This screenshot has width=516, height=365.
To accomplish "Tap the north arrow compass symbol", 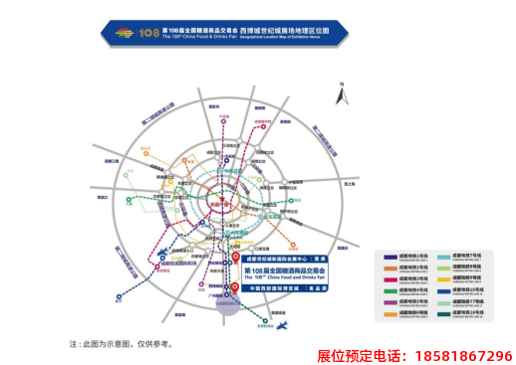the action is [x=343, y=96].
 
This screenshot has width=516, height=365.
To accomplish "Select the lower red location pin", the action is [x=232, y=289].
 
